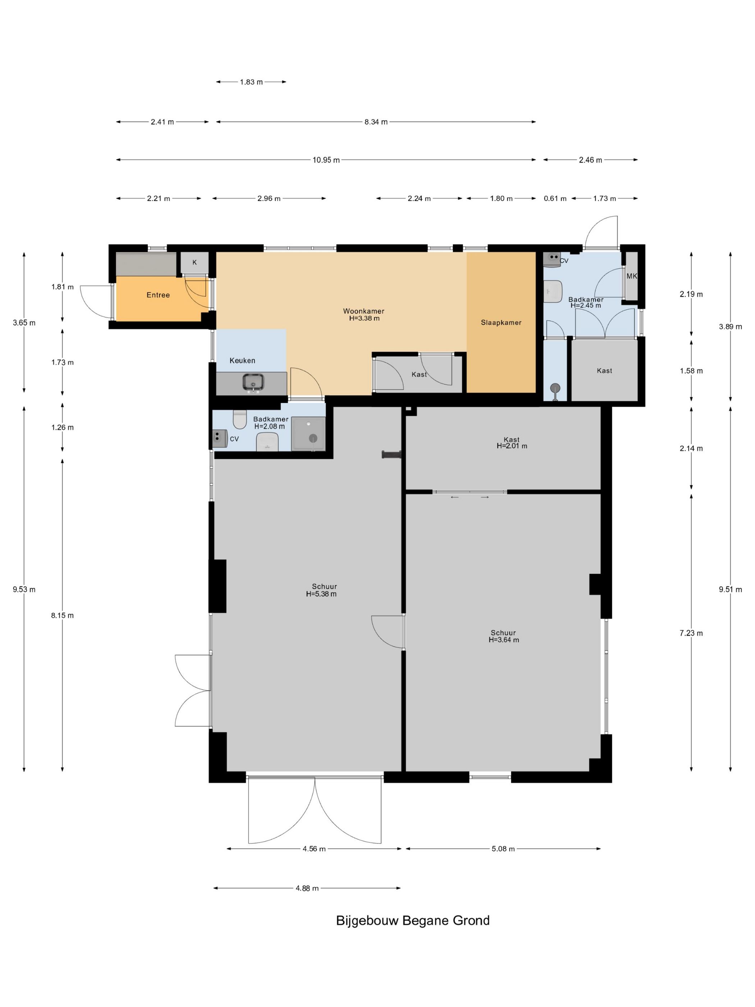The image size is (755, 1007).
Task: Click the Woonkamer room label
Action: click(x=363, y=311)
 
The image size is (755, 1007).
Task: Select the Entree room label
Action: click(x=158, y=295)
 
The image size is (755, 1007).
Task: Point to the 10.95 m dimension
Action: click(x=326, y=160)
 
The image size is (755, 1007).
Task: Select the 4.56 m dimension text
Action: click(x=314, y=848)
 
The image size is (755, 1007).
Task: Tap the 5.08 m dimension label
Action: click(x=503, y=848)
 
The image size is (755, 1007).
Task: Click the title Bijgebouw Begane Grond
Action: click(x=413, y=920)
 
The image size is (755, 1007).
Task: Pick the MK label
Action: click(x=632, y=276)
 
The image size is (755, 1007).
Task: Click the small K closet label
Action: click(x=195, y=262)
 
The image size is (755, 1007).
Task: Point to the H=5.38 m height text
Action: click(x=321, y=594)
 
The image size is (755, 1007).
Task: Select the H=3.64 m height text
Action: click(x=504, y=639)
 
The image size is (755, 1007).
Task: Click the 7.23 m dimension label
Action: click(x=691, y=633)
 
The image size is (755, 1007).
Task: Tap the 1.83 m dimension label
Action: click(x=251, y=82)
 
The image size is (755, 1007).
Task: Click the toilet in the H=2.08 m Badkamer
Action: click(x=240, y=419)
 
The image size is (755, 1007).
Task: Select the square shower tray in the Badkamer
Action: click(x=308, y=433)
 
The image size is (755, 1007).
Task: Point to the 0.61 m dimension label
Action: click(x=555, y=199)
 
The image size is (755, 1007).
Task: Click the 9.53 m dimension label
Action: click(x=24, y=589)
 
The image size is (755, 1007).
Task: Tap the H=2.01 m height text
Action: click(x=512, y=446)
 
